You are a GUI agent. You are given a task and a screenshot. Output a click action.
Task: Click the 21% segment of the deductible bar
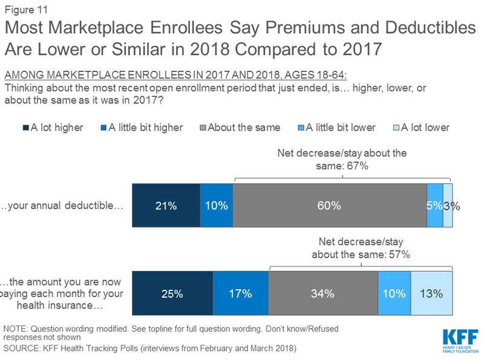[166, 205]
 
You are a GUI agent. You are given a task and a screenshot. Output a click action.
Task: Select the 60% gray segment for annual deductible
[329, 205]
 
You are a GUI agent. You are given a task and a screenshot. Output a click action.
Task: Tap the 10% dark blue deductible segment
[216, 205]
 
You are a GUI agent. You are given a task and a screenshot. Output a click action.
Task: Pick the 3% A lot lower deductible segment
[448, 205]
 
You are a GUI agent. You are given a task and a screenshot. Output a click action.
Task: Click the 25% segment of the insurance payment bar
[172, 294]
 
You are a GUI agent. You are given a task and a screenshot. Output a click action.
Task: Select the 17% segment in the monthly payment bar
[240, 294]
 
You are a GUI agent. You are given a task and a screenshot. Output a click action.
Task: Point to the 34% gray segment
[323, 294]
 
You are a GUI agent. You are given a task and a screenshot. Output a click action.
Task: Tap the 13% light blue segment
[431, 294]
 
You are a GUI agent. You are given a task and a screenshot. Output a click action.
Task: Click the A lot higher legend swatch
[26, 128]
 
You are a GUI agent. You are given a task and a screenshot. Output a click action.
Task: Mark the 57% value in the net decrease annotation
[399, 255]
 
